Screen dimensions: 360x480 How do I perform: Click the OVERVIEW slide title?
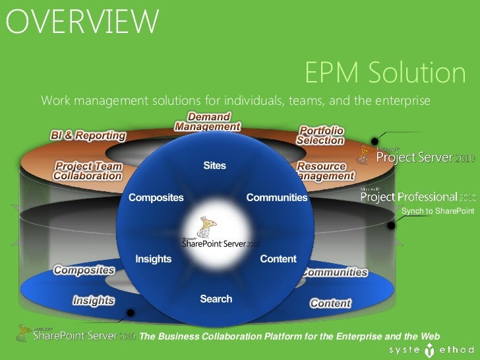click(82, 22)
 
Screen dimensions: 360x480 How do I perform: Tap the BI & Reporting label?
click(88, 136)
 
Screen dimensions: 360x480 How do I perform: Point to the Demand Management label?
click(208, 122)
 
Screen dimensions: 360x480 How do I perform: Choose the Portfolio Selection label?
click(320, 135)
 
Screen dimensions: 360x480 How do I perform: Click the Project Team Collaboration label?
click(88, 171)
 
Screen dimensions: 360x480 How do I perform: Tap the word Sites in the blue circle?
click(215, 165)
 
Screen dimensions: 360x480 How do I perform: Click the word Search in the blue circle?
click(216, 299)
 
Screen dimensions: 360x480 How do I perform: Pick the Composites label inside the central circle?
click(156, 197)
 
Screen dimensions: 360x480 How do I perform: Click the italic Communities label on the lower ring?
click(334, 272)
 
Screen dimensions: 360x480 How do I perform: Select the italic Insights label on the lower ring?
click(93, 301)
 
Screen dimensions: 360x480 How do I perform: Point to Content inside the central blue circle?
click(278, 259)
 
